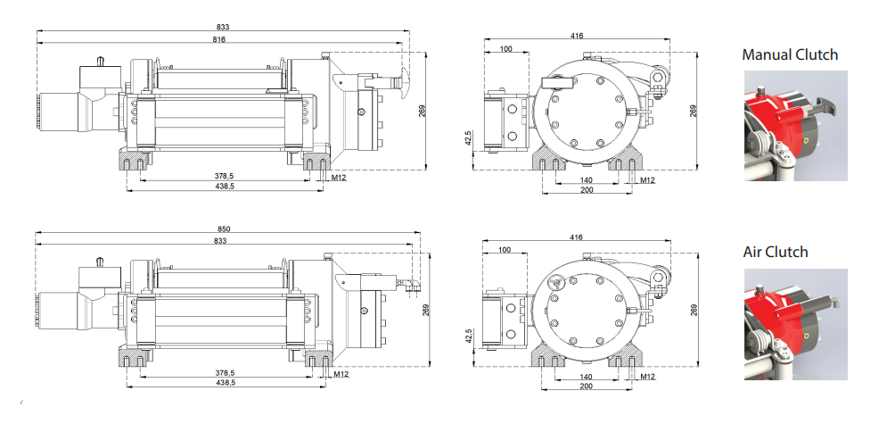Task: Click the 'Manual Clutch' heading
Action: (x=790, y=55)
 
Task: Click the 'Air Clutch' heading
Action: (x=776, y=252)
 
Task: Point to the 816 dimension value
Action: (x=218, y=41)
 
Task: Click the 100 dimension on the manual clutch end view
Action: (x=506, y=49)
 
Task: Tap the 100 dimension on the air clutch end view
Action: (x=506, y=252)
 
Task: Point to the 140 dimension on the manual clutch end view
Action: (x=586, y=179)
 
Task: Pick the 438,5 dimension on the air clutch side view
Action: (x=224, y=382)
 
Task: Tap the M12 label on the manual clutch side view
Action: (x=339, y=179)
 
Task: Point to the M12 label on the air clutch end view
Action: (x=647, y=378)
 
